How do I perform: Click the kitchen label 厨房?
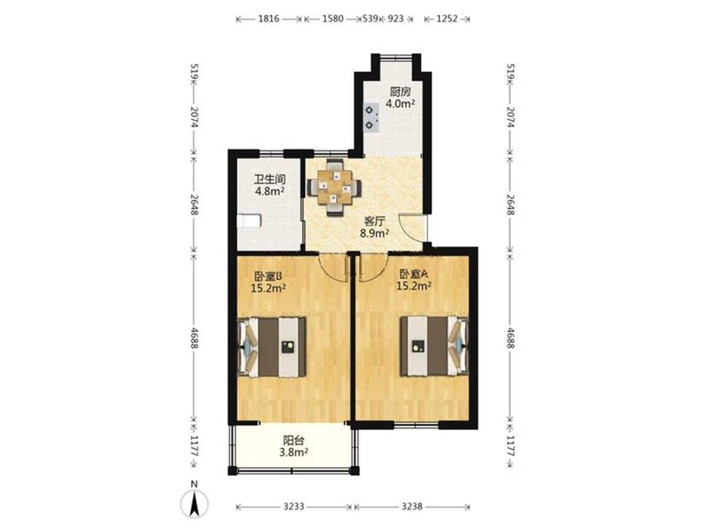(x=399, y=92)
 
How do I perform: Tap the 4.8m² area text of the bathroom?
(x=270, y=191)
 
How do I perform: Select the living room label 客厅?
(x=374, y=221)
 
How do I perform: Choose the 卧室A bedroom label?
(x=416, y=273)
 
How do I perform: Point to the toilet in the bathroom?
(x=248, y=222)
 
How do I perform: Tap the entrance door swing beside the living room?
(x=410, y=227)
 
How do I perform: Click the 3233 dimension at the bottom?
(x=292, y=507)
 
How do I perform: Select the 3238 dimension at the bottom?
(x=412, y=507)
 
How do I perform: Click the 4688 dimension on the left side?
(x=195, y=338)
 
